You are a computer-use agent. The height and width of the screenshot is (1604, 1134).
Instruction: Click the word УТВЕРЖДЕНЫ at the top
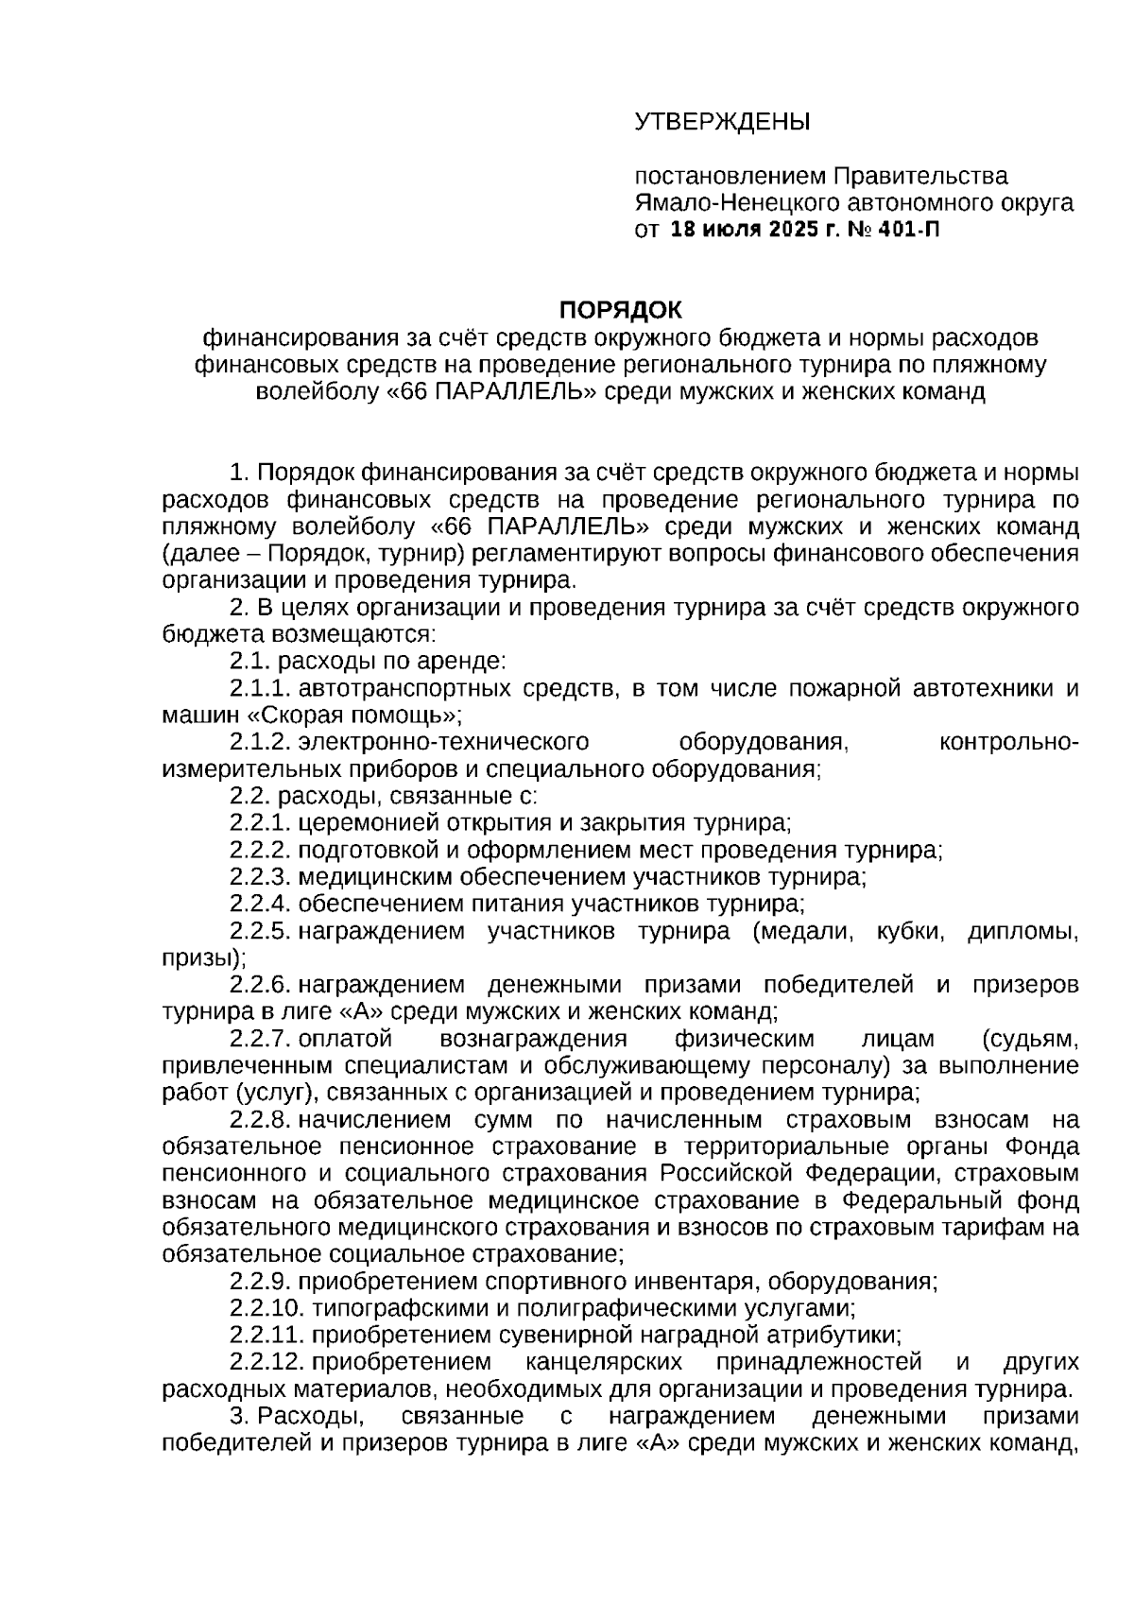coord(722,122)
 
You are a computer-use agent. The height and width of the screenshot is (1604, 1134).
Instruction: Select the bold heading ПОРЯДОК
coord(620,310)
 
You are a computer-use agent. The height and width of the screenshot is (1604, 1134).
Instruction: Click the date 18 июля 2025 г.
coord(753,230)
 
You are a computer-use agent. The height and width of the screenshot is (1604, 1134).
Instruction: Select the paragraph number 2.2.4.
coord(257,904)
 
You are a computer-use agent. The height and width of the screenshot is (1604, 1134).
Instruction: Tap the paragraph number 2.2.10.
coord(264,1309)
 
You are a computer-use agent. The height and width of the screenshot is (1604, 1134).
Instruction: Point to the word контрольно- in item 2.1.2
coord(1009,742)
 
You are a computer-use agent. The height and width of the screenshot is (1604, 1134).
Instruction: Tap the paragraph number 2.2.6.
coord(257,985)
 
